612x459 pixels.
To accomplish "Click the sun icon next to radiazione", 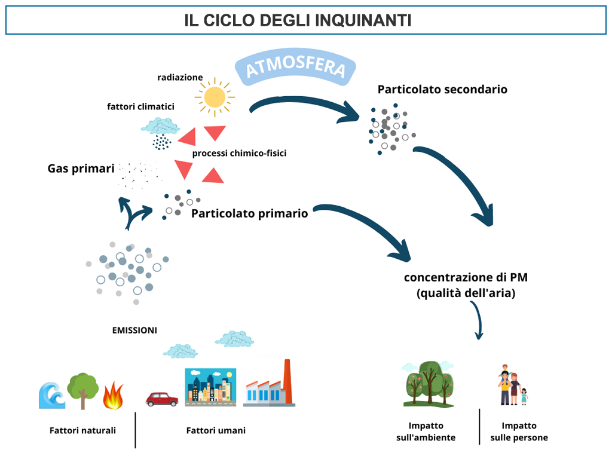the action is tap(215, 97).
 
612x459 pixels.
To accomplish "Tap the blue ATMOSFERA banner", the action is tap(295, 67).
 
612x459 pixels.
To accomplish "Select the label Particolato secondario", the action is tap(442, 90).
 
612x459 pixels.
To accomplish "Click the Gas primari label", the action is tap(81, 169).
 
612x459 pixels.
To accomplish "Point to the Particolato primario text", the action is tap(249, 213).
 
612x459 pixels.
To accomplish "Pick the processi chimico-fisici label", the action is tap(239, 153).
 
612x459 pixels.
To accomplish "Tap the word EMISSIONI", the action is tap(134, 330).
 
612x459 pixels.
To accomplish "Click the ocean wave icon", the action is tap(52, 396).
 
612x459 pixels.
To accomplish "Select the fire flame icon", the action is tap(113, 396).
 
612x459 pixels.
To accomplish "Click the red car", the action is tap(161, 399).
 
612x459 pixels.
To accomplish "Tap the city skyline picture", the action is tap(210, 387).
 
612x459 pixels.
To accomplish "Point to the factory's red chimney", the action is tap(288, 381).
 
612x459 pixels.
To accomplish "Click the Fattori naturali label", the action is tap(82, 430).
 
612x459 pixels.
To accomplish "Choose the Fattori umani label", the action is tap(216, 430).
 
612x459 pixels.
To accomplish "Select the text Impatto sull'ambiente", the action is tap(426, 432).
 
